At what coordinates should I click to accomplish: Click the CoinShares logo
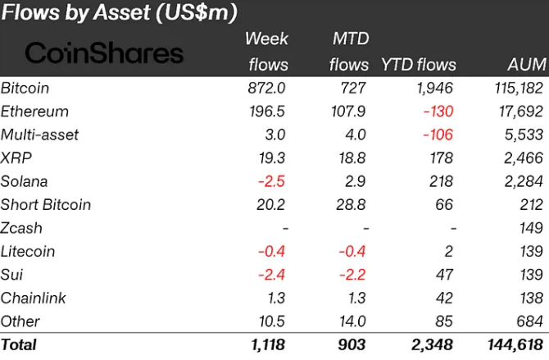coord(104,53)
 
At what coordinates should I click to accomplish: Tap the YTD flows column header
coord(418,64)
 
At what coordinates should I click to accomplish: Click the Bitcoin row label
coord(25,88)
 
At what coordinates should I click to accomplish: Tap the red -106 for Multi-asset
coord(438,134)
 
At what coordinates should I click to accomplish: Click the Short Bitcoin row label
coord(46,204)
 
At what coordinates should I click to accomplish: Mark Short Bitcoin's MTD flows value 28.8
coord(353,204)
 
